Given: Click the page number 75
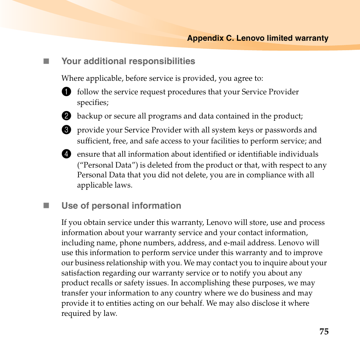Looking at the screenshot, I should click(324, 332).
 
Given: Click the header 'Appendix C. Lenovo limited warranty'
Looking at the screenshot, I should click(258, 38).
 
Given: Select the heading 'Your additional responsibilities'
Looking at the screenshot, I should click(128, 61).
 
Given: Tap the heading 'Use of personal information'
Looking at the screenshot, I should click(121, 206).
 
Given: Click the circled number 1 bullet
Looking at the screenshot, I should click(66, 92).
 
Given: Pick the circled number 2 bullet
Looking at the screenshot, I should click(66, 116).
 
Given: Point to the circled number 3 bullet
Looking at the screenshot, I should click(66, 130).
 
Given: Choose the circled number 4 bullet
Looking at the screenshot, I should click(66, 154).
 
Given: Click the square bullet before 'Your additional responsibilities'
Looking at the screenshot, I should click(46, 61).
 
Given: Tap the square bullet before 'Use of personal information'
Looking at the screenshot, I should click(46, 206).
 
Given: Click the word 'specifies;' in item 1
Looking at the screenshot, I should click(93, 103).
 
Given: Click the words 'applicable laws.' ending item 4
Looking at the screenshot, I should click(105, 185).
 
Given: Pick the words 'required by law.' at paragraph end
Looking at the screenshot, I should click(89, 314).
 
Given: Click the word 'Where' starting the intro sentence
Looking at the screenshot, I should click(72, 78).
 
